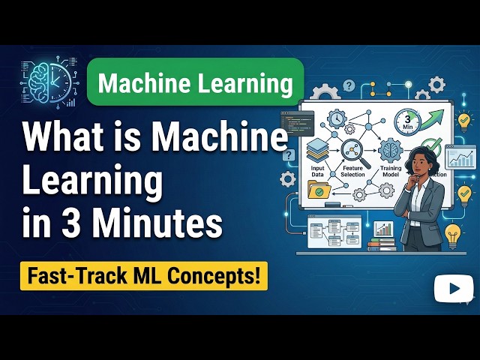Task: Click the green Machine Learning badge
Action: (x=195, y=82)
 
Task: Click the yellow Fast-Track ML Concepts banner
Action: (x=142, y=276)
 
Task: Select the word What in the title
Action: (x=61, y=139)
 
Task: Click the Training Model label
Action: (x=391, y=172)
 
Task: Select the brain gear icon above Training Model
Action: (x=391, y=148)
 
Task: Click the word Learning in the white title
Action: (x=93, y=181)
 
